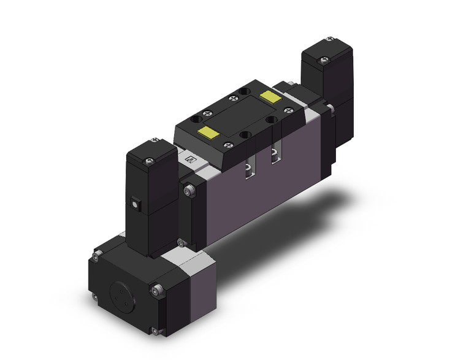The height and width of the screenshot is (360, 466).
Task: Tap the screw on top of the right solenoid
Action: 324,59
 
